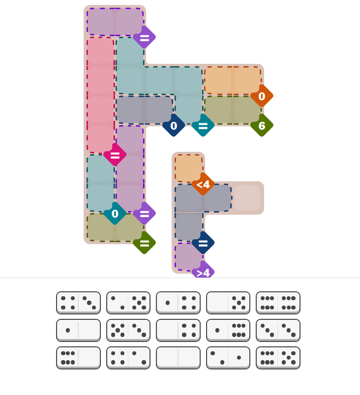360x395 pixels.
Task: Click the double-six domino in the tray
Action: (x=278, y=303)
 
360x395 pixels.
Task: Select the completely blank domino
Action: (x=178, y=358)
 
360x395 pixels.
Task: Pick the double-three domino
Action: (x=278, y=330)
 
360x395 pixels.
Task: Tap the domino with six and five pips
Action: (x=278, y=358)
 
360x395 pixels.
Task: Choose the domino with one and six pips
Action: (x=228, y=330)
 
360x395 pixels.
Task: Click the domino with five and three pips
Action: (x=128, y=330)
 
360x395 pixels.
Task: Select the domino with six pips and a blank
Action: (x=78, y=358)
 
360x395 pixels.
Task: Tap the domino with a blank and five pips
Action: (x=228, y=303)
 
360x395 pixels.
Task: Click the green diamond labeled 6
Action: (x=262, y=126)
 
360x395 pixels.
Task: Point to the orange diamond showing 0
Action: (x=262, y=96)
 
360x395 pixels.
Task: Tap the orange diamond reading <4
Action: (x=203, y=184)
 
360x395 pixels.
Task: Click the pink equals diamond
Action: (x=115, y=155)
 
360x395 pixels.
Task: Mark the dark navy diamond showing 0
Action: (x=174, y=126)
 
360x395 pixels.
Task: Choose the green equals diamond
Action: (x=144, y=243)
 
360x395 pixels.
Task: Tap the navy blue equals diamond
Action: (x=203, y=243)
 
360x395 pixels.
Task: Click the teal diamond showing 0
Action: (x=115, y=214)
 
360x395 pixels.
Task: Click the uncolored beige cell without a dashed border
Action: (x=247, y=198)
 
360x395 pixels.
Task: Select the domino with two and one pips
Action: (x=228, y=358)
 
